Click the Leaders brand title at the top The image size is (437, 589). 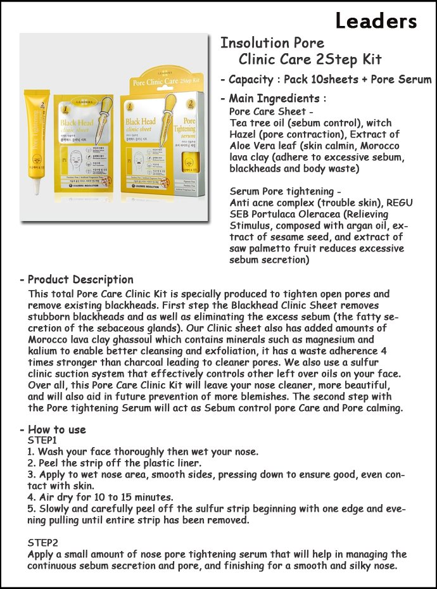[x=376, y=21]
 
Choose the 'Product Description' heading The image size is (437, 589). [x=80, y=280]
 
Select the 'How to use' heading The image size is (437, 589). [x=57, y=429]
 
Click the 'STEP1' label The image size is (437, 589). [x=42, y=440]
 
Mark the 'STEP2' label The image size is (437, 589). [x=42, y=543]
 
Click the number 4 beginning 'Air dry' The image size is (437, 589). [x=30, y=497]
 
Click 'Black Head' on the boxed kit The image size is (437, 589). [x=140, y=121]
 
